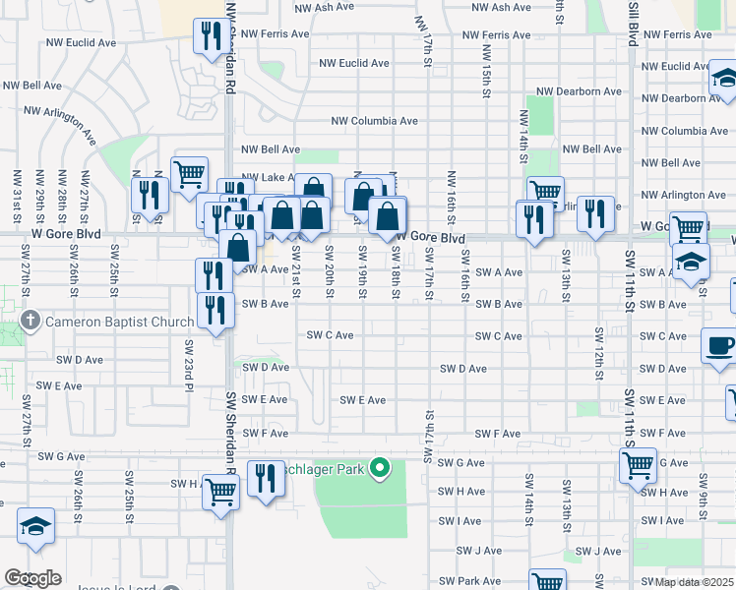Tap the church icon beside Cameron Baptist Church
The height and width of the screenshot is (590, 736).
point(31,322)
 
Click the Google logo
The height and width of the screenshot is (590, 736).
point(32,578)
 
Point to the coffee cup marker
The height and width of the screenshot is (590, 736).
point(718,347)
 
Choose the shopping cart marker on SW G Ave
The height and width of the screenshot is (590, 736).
point(639,464)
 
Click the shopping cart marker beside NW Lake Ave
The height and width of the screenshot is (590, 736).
point(189,175)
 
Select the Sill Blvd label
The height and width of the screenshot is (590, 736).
point(633,22)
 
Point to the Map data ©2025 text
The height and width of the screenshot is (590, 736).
point(695,582)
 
